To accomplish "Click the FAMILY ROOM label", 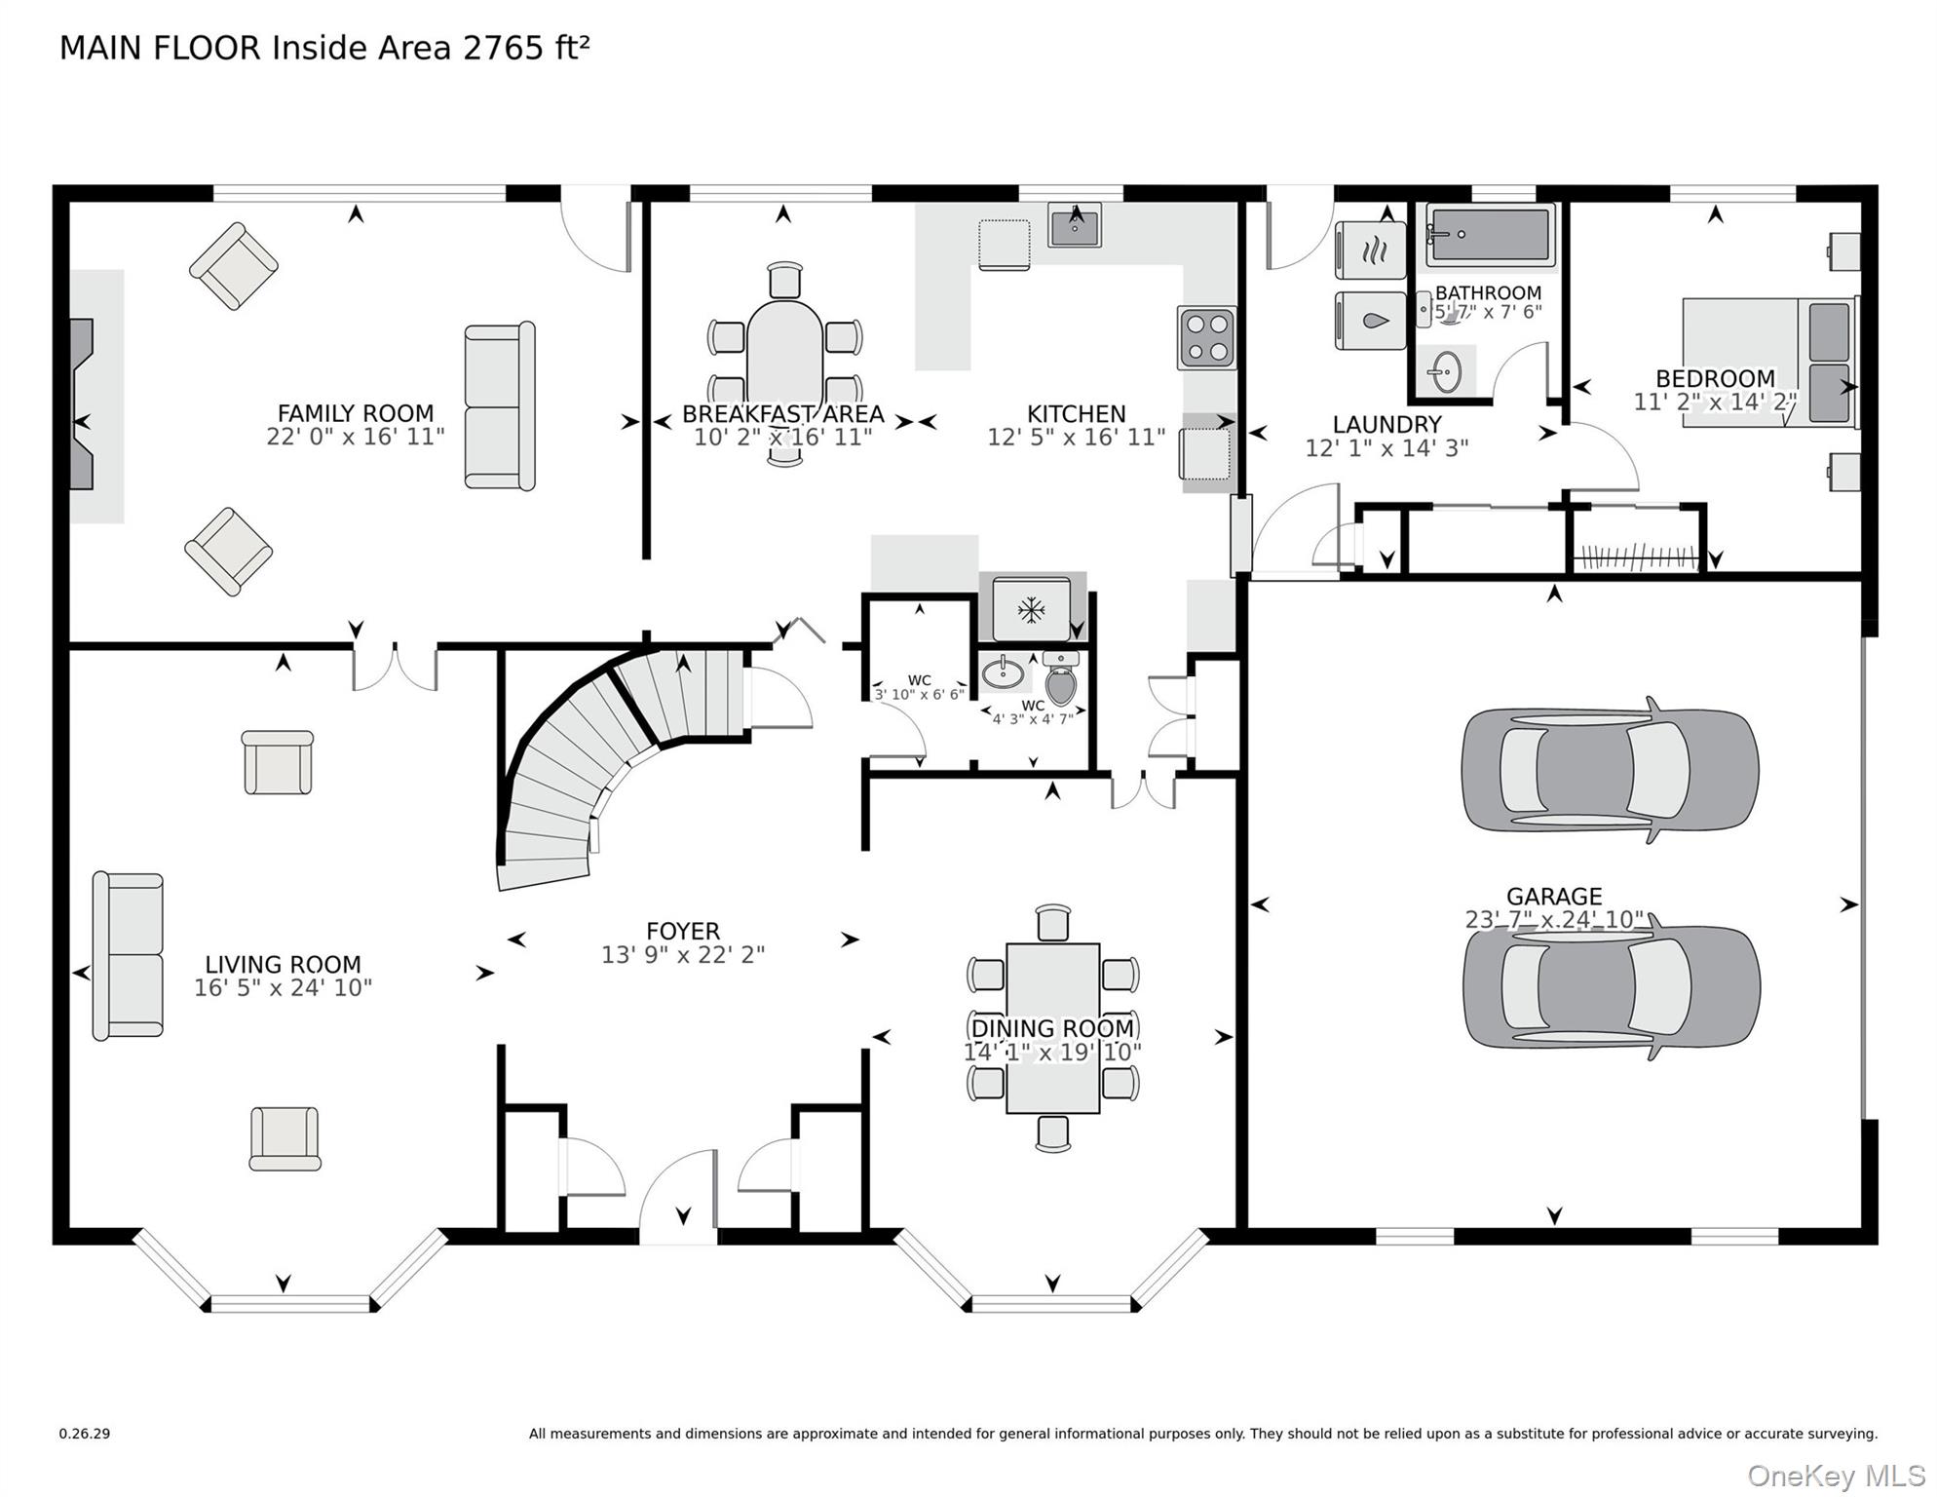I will point(355,413).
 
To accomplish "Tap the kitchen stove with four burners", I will point(1206,337).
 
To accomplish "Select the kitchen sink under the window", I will point(1075,227).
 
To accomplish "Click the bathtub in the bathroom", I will point(1490,235).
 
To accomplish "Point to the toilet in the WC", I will point(1060,681).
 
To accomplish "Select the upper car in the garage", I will point(1610,769).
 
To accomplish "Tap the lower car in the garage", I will point(1611,986).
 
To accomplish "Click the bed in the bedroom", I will point(1767,363).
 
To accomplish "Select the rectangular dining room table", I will point(1052,1028).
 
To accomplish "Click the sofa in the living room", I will point(128,956).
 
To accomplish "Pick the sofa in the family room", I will point(500,406).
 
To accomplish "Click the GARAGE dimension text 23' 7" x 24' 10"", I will point(1554,920).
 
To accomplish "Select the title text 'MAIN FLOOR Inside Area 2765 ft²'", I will point(324,48).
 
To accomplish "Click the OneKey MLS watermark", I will point(1836,1476).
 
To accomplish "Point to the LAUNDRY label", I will point(1386,424).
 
